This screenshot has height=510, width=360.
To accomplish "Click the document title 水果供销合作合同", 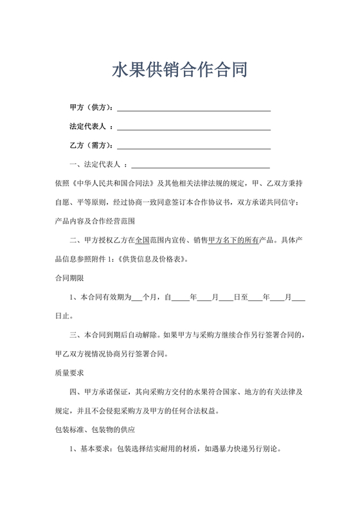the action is [x=179, y=69].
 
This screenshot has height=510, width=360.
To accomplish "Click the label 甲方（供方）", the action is [x=92, y=107].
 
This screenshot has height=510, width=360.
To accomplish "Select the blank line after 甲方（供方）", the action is [x=193, y=108].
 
